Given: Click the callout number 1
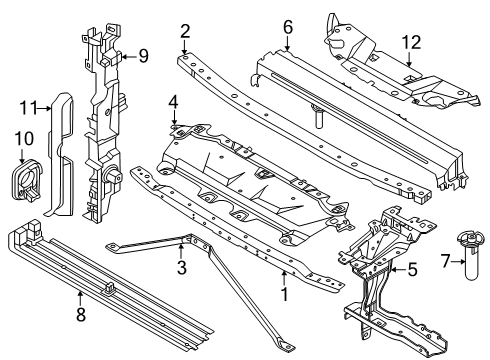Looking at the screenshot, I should (x=284, y=295).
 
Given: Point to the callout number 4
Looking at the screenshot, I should (x=173, y=101).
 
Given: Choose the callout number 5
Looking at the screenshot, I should (x=410, y=268).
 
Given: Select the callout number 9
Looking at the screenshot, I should (x=143, y=56).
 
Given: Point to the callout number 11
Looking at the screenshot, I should (x=27, y=105).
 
